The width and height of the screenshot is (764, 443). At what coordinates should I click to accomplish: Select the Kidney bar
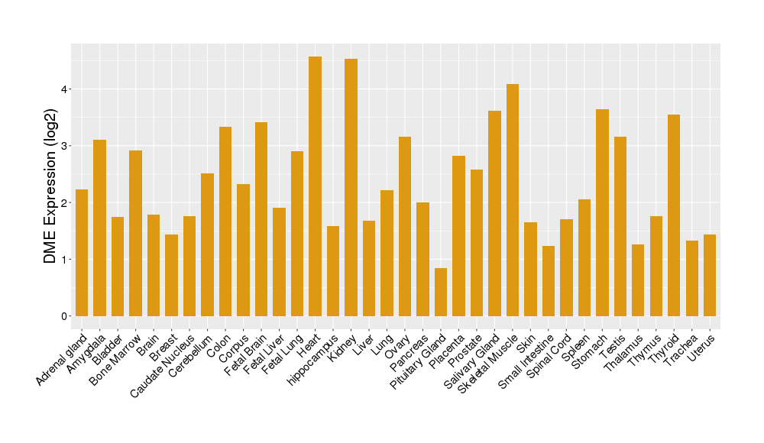[x=351, y=187]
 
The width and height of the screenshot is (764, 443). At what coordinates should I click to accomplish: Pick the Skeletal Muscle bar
[x=513, y=199]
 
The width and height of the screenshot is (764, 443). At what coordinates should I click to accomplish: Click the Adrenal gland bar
[x=82, y=252]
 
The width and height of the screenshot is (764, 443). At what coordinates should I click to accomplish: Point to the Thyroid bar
[x=674, y=215]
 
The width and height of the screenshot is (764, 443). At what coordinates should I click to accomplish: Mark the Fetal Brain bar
[x=261, y=218]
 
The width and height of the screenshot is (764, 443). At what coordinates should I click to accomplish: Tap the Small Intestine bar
[x=549, y=280]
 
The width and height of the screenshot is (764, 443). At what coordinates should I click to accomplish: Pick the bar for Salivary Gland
[x=494, y=213]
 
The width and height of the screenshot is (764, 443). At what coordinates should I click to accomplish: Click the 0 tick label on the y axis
[x=65, y=316]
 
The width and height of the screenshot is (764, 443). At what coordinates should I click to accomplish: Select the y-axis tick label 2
[x=65, y=202]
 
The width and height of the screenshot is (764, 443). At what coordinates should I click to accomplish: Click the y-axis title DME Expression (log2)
[x=50, y=180]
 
